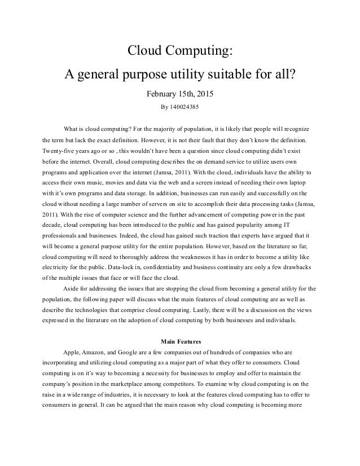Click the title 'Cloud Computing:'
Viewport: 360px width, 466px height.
179,51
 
